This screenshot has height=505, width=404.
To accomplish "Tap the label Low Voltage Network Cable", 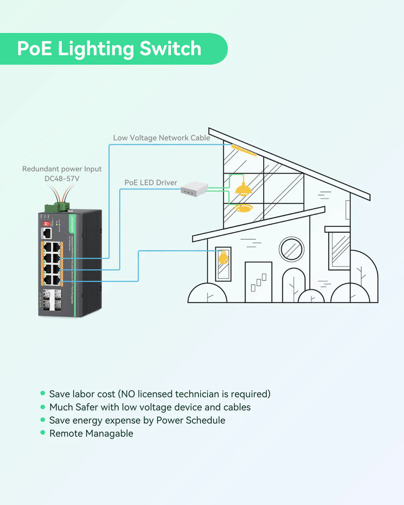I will point(161,138).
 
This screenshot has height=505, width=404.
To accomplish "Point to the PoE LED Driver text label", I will point(151,182).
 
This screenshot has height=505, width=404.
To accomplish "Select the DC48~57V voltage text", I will point(62,178).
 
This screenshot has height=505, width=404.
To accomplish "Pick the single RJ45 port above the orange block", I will point(47,233).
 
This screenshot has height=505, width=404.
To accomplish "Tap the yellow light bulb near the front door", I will point(222,257).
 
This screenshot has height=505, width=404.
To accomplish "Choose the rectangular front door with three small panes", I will point(258,282).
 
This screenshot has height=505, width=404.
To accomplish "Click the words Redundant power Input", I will point(62,169).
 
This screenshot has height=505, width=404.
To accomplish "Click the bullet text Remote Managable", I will point(91,433).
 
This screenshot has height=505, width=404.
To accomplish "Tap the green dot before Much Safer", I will point(43,407).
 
